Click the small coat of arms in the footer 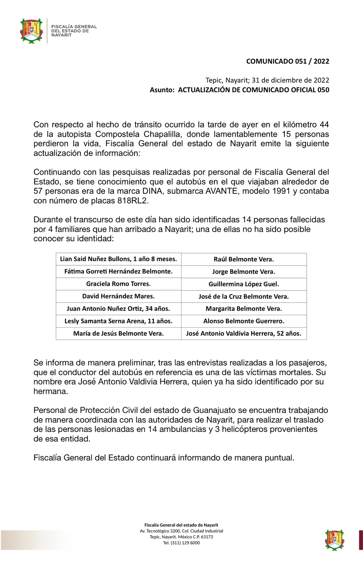(x=335, y=540)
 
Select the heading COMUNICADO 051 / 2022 (x=288, y=61)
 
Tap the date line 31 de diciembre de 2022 (x=290, y=80)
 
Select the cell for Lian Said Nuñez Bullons (x=119, y=259)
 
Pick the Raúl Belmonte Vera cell (x=244, y=259)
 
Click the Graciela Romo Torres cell (x=119, y=284)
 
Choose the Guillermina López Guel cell (x=244, y=284)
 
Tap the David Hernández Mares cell (x=119, y=296)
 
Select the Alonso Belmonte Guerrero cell (x=244, y=321)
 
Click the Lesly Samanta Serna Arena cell (x=119, y=321)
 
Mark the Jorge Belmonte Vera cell (x=244, y=272)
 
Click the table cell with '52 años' (x=244, y=334)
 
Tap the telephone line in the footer (x=181, y=543)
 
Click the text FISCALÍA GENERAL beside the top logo (x=74, y=27)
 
